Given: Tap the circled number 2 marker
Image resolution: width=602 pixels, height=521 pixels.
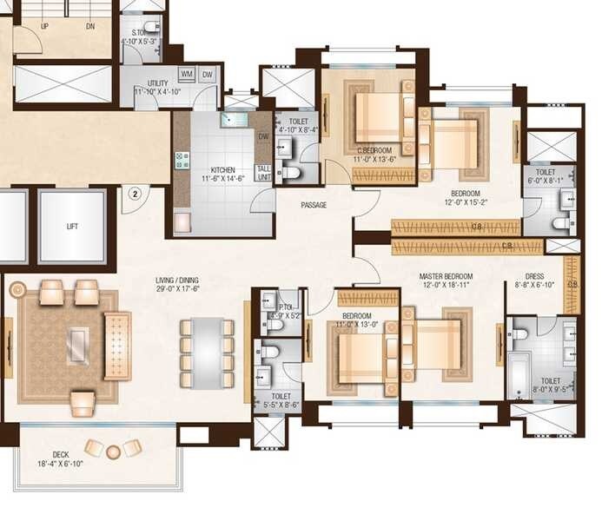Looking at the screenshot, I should (x=135, y=195).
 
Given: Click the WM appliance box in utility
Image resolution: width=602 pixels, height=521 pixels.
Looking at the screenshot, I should (x=186, y=75).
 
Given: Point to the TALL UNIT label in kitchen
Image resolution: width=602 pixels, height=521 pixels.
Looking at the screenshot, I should (x=262, y=172).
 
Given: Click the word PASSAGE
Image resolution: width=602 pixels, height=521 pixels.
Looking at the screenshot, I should (x=314, y=206).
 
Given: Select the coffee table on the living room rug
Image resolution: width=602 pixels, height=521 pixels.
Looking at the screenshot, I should (x=78, y=346).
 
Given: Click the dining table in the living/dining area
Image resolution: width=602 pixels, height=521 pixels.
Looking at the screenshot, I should (x=206, y=352).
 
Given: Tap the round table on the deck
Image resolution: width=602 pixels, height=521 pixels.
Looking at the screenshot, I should (x=114, y=452).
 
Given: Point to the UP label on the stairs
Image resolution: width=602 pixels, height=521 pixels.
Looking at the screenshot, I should (x=44, y=26).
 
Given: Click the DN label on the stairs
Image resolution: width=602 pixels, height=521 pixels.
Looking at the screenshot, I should (x=91, y=26).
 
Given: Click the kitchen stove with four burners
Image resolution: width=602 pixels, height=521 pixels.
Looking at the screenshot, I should (x=182, y=161).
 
